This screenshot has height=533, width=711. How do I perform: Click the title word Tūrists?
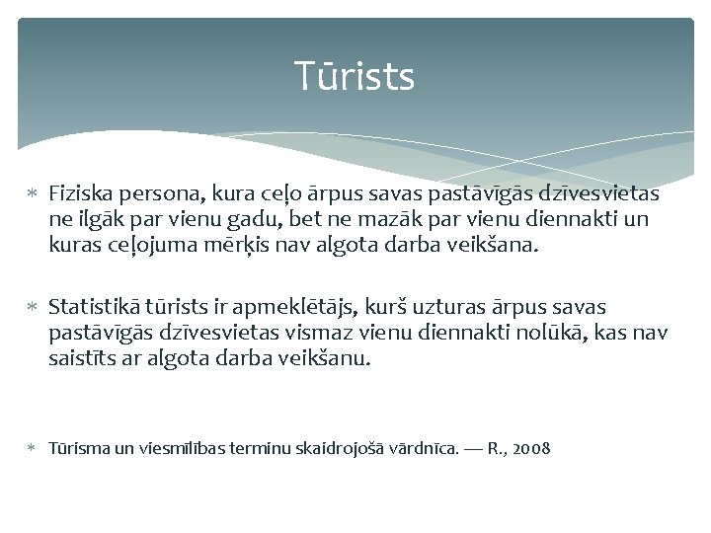[x=355, y=76]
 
